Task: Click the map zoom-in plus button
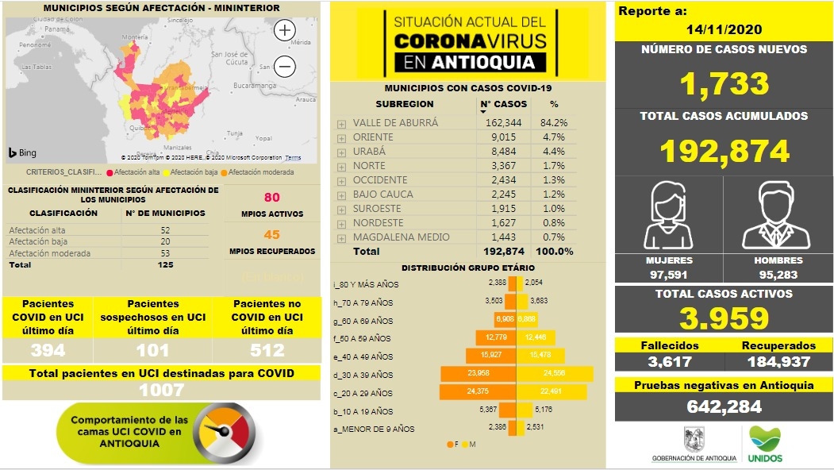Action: click(x=284, y=30)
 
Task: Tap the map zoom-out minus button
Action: click(x=284, y=67)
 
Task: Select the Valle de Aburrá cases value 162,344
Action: click(x=505, y=123)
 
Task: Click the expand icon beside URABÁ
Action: click(x=341, y=152)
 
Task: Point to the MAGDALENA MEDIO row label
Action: click(x=402, y=237)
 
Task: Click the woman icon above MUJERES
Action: click(x=669, y=215)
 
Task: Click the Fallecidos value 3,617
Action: click(x=669, y=362)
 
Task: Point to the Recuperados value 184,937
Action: click(x=778, y=362)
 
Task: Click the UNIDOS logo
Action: click(x=765, y=445)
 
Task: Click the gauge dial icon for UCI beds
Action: click(x=227, y=433)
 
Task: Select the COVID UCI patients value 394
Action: click(x=48, y=351)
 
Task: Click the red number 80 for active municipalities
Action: click(x=272, y=198)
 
